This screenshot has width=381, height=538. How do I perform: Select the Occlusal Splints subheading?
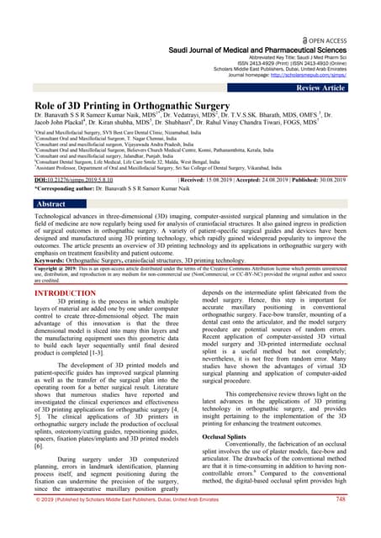coord(225,437)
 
